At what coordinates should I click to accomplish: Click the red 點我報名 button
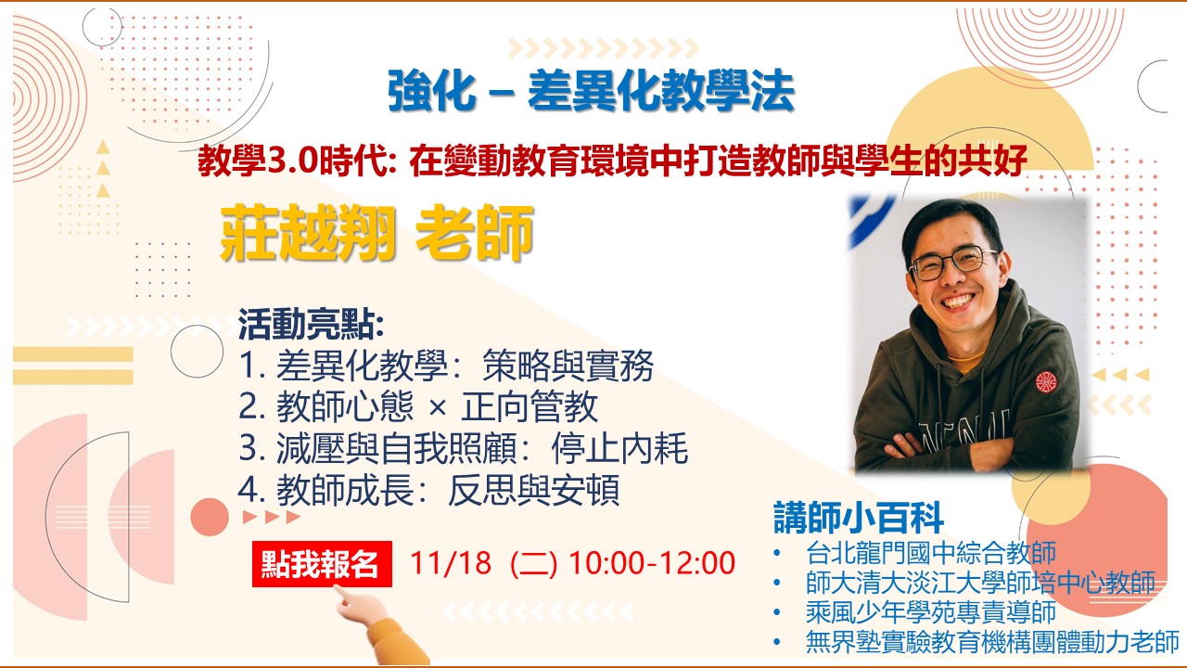tap(322, 563)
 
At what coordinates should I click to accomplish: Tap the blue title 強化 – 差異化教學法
tap(591, 91)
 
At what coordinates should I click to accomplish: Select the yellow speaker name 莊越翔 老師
tap(377, 233)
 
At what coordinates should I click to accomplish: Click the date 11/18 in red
tap(451, 562)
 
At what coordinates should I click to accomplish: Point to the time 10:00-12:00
tap(652, 562)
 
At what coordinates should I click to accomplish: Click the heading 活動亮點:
tap(311, 324)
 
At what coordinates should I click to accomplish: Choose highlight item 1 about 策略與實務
tap(446, 366)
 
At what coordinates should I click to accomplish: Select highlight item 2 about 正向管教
tap(418, 406)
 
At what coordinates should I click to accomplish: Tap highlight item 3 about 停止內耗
tap(464, 448)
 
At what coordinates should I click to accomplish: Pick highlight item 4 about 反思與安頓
tap(429, 489)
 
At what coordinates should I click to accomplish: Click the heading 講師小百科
tap(859, 517)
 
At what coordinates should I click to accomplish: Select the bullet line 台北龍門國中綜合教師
tap(931, 552)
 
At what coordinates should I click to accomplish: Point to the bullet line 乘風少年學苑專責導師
tap(931, 612)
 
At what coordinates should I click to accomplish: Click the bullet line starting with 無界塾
tap(992, 642)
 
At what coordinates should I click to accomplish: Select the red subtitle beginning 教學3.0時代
tap(613, 161)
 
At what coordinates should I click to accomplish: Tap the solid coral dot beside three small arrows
tap(210, 517)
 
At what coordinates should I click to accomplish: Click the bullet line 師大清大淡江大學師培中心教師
tap(980, 583)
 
